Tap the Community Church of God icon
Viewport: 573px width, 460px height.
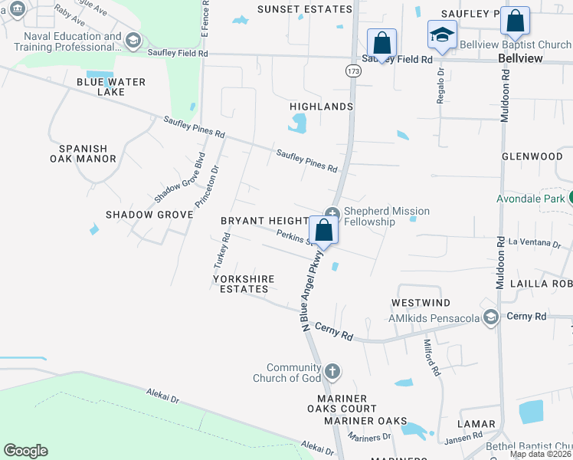[332, 372]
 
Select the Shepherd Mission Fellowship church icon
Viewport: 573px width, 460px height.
[332, 214]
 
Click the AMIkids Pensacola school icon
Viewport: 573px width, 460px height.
[491, 317]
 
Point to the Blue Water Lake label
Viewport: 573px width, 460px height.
[111, 87]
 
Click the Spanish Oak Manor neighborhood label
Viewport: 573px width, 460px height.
[83, 153]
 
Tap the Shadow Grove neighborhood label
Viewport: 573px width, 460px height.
[149, 215]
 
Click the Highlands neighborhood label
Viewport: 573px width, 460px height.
[322, 107]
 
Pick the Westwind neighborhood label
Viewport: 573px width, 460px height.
[421, 304]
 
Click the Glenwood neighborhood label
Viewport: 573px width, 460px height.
[532, 156]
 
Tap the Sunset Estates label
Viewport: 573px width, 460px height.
[304, 9]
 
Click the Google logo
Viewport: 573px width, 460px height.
[25, 451]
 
